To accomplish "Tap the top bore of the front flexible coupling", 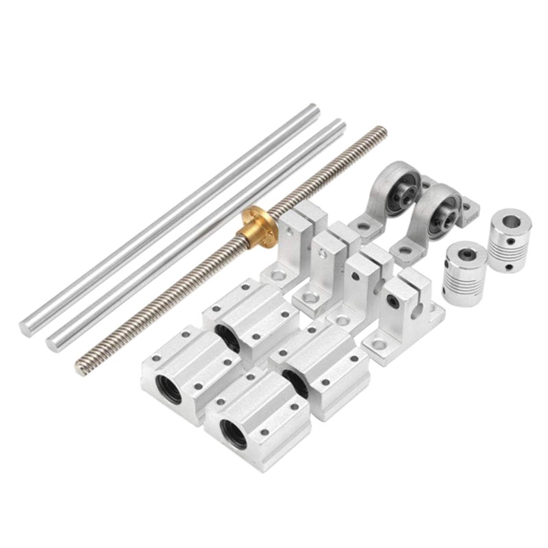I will [x=465, y=253].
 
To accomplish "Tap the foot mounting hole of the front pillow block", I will [x=406, y=250].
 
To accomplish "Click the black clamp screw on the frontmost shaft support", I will [x=393, y=299].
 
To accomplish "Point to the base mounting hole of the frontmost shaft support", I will [x=379, y=344].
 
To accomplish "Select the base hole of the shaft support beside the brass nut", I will [x=279, y=275].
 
